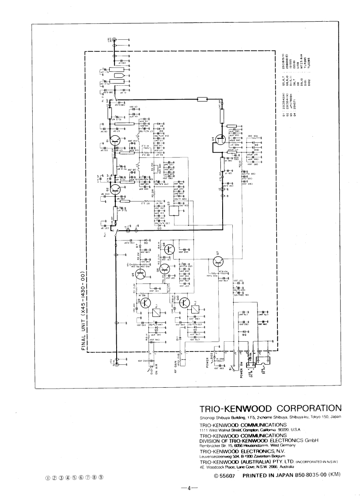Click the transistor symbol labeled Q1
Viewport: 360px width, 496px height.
116,141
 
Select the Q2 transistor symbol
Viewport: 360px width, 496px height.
116,189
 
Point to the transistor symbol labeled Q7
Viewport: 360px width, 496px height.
218,261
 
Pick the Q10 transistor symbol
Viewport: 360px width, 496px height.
186,303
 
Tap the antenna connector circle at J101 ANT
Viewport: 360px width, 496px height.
115,40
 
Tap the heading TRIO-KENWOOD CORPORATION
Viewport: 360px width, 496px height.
271,408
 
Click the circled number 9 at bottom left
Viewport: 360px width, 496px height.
101,477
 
